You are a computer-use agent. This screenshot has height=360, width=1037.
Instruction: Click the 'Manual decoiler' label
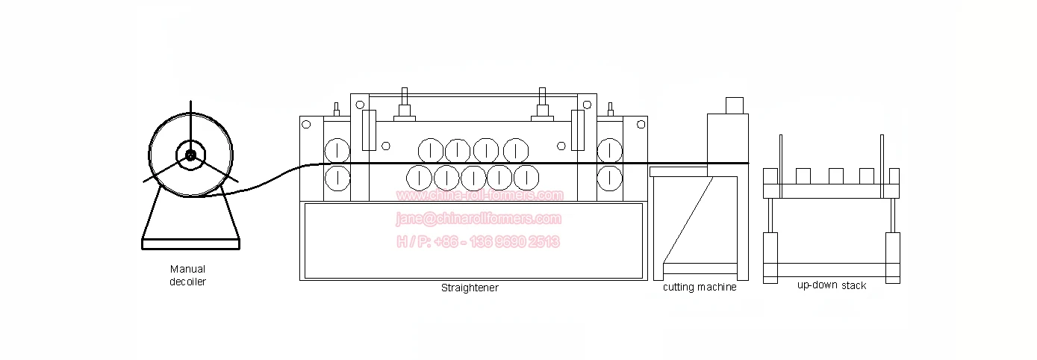pyautogui.click(x=187, y=276)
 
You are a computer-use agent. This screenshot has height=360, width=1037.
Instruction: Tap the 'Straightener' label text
pyautogui.click(x=470, y=288)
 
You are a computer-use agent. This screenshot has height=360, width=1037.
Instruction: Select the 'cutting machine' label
pyautogui.click(x=700, y=288)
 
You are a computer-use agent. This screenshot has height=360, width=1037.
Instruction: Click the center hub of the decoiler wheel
pyautogui.click(x=190, y=155)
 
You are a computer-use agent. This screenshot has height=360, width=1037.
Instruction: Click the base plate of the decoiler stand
pyautogui.click(x=190, y=243)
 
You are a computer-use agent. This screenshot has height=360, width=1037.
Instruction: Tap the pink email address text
pyautogui.click(x=478, y=219)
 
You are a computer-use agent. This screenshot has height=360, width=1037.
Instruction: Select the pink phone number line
pyautogui.click(x=478, y=242)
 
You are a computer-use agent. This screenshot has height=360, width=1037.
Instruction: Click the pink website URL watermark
pyautogui.click(x=479, y=196)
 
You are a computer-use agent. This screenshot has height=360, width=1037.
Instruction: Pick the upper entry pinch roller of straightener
pyautogui.click(x=337, y=149)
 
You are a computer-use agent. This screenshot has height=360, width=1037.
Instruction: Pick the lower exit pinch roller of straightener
pyautogui.click(x=611, y=178)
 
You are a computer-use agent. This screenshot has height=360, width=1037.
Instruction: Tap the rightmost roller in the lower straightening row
pyautogui.click(x=527, y=178)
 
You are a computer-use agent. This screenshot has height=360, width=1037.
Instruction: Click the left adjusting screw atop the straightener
pyautogui.click(x=405, y=104)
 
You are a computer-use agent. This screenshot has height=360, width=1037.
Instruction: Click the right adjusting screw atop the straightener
pyautogui.click(x=542, y=104)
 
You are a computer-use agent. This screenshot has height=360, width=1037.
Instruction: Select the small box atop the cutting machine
pyautogui.click(x=735, y=105)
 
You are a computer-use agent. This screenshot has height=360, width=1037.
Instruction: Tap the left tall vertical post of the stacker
pyautogui.click(x=781, y=164)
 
